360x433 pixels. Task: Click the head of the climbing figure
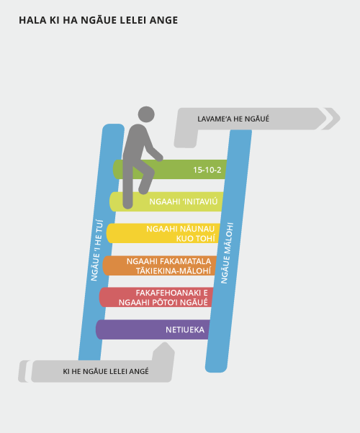[146, 114]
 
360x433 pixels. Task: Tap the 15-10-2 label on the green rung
[207, 170]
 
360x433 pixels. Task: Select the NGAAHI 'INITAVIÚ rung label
[184, 201]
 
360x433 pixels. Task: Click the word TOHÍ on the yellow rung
[196, 239]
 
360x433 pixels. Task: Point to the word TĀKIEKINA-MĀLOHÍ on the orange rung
[174, 270]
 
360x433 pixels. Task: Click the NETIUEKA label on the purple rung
[185, 329]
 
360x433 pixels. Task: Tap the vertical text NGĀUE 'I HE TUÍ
[96, 250]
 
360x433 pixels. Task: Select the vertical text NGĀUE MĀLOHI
[227, 253]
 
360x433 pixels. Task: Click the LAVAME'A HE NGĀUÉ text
[233, 119]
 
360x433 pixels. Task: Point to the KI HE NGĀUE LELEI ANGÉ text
[106, 371]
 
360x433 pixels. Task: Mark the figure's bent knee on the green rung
[150, 170]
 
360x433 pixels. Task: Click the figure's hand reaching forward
[159, 158]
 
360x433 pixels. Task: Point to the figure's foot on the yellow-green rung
[127, 205]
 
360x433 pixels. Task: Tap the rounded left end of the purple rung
[99, 329]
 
